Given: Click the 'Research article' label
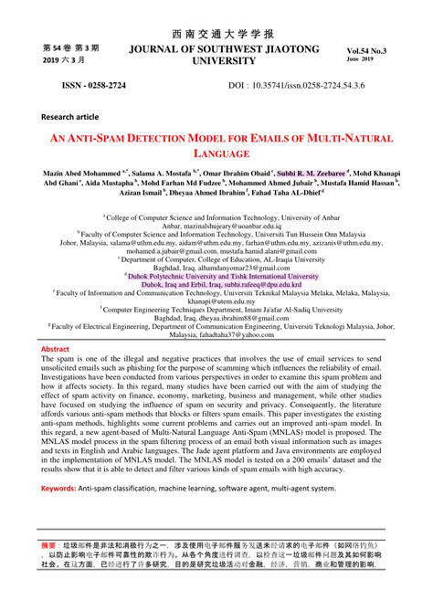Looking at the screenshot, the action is click(74, 117).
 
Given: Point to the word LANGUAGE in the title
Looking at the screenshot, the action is click(216, 155).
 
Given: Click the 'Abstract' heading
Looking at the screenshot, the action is click(56, 350).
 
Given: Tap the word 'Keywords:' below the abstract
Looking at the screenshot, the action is click(59, 490).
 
